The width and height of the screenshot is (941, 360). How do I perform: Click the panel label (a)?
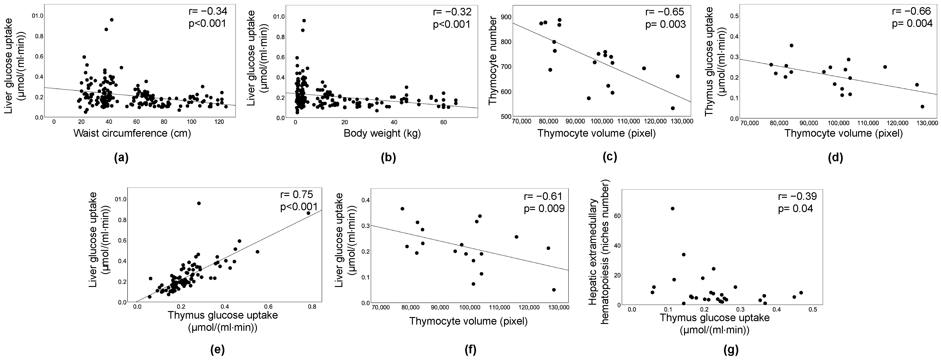121,158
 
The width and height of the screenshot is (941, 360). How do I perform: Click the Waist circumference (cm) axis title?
132,133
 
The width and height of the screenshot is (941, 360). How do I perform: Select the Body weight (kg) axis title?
382,133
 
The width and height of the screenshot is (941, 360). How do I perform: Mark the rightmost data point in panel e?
308,213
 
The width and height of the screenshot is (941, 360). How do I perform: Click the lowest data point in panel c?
673,108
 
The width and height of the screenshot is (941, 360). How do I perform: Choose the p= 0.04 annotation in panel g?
795,209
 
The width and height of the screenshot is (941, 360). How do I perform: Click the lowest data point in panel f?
554,289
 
